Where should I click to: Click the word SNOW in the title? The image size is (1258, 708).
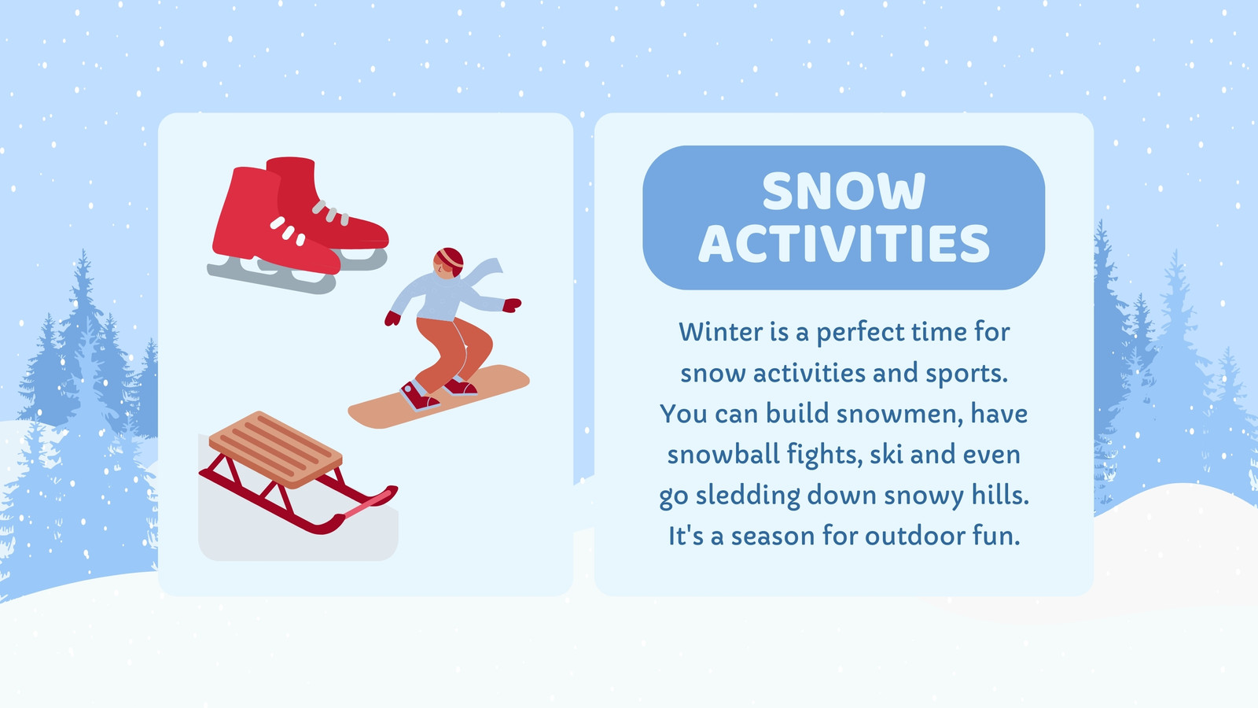coord(844,191)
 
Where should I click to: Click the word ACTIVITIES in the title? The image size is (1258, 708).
coord(844,243)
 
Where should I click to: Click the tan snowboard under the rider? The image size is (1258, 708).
coord(439,396)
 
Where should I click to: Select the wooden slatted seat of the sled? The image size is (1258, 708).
coord(276,449)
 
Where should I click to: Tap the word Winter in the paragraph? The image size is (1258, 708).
coord(720,331)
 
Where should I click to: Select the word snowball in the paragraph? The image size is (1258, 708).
coord(723,454)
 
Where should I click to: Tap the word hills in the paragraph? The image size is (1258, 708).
coord(1002,495)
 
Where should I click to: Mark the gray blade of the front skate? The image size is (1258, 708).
coord(270,276)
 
